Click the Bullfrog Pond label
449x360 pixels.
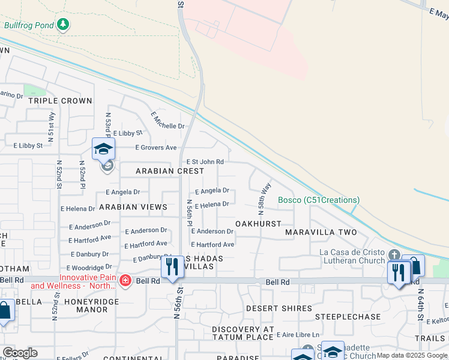click(x=29, y=25)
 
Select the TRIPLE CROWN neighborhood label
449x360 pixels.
click(x=61, y=101)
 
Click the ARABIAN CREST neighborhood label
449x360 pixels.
click(x=170, y=171)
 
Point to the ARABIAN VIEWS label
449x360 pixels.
click(x=133, y=207)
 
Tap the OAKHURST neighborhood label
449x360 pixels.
click(x=258, y=224)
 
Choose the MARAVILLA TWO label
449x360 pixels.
click(x=321, y=232)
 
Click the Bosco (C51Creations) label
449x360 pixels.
click(x=319, y=200)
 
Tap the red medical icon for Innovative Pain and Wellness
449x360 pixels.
click(x=125, y=280)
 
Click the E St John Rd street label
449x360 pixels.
click(x=205, y=162)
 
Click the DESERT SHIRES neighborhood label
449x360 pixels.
click(x=279, y=308)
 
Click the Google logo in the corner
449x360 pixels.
click(x=20, y=353)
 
